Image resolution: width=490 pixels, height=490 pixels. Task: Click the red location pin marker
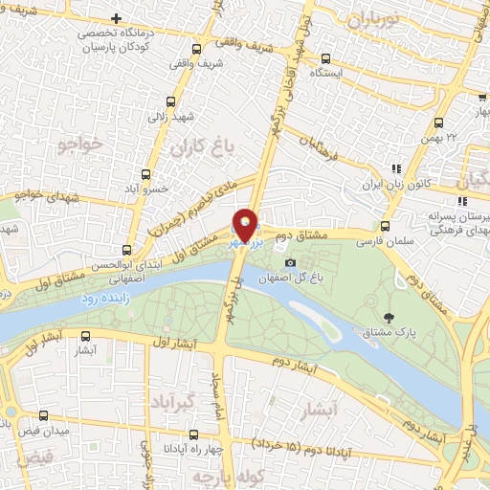245,224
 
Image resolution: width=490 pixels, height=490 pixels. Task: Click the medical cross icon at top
116,18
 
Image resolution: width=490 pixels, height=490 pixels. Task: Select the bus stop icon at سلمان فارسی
385,227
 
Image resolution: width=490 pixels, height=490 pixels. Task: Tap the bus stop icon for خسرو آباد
145,174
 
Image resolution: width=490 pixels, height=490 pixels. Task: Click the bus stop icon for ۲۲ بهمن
438,122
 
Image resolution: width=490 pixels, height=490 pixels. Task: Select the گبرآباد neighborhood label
173,400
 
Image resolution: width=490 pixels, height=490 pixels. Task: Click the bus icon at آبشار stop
86,336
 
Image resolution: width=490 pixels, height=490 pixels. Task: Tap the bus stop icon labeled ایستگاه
326,58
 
